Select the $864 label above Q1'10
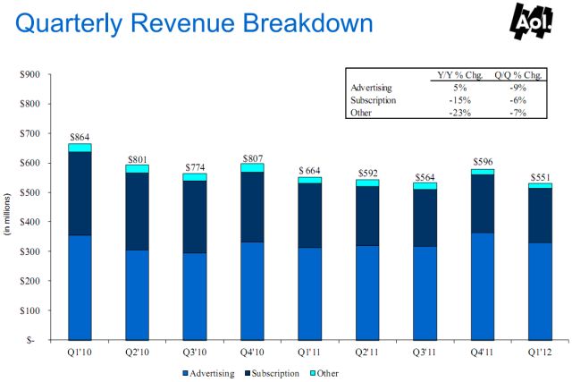80,136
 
